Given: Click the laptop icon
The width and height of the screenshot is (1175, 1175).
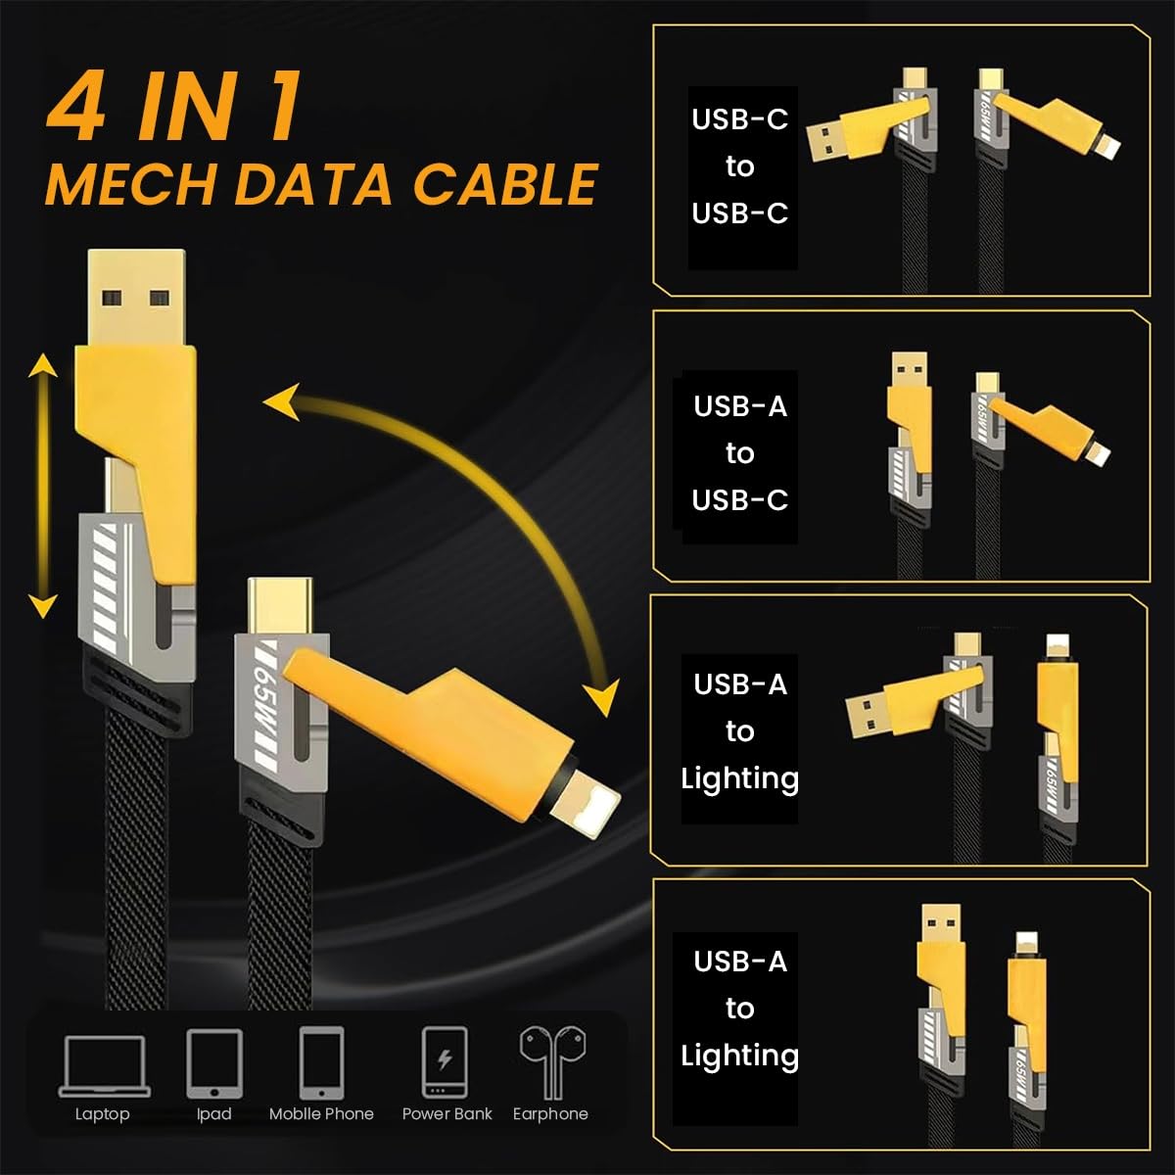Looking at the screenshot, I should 104,1065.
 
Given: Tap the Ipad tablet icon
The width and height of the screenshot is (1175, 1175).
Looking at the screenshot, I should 213,1063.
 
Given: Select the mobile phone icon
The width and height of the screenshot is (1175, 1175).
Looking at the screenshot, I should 321,1063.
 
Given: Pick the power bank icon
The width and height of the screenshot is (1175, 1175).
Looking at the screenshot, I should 444,1062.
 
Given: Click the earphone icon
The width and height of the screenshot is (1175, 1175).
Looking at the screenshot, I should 549,1061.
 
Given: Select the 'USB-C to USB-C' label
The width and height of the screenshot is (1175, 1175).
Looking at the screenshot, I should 740,166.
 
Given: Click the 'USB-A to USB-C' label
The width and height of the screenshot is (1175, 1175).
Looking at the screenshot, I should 740,453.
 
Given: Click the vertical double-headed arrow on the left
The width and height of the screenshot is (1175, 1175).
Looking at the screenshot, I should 41,487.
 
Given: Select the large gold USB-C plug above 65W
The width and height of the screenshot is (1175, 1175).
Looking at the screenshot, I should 278,607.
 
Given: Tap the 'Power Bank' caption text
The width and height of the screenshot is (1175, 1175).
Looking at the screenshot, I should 446,1114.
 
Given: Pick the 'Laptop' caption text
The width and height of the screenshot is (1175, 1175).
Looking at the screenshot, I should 102,1114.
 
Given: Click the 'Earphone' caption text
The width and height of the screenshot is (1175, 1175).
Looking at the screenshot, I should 550,1114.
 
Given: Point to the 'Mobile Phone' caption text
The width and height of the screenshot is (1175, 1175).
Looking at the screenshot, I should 321,1114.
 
